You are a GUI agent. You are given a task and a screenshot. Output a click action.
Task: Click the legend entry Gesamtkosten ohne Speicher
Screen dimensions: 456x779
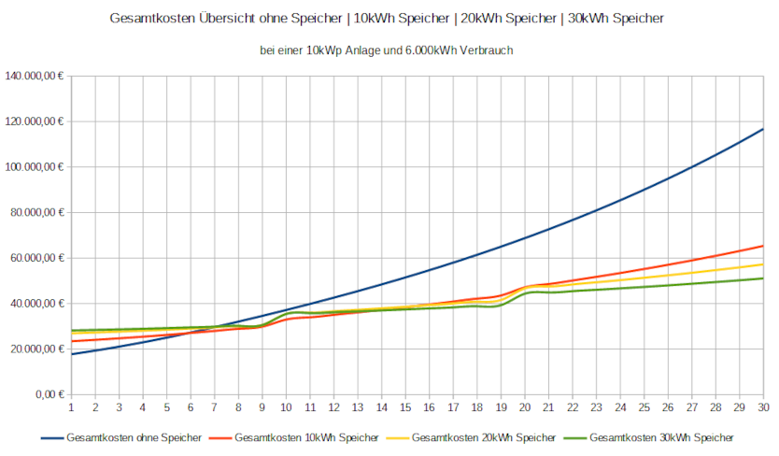click(131, 437)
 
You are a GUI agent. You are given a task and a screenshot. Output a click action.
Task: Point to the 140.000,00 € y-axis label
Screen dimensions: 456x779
click(35, 77)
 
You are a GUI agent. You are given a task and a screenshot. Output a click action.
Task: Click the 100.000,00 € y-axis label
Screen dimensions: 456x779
click(35, 167)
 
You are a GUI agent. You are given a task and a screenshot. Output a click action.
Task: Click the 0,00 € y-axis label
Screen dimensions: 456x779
click(48, 394)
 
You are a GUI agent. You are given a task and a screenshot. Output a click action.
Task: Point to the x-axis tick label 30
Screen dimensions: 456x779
click(763, 407)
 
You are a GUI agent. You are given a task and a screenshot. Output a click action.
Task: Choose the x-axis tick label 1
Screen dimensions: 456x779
click(71, 407)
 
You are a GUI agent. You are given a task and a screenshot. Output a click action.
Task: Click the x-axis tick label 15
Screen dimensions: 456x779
click(405, 407)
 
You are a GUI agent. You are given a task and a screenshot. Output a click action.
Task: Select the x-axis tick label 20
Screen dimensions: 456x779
click(525, 407)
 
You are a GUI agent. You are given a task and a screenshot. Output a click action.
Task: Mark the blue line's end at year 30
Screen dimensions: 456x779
click(763, 129)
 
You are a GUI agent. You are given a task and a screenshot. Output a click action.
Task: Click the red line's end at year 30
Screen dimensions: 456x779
click(763, 246)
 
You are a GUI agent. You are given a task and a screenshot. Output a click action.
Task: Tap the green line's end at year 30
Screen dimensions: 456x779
click(763, 278)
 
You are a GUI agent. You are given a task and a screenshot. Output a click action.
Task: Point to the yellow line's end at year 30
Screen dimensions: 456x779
click(763, 264)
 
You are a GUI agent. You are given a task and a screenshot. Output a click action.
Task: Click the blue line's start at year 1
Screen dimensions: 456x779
click(71, 354)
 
